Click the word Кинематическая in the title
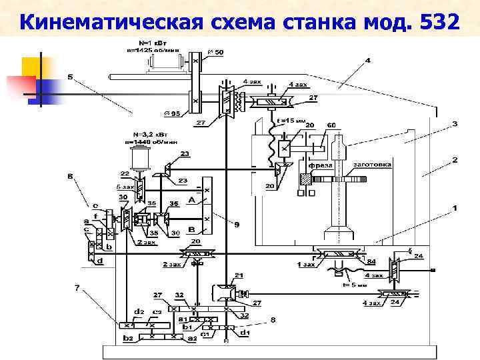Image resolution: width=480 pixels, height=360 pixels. point(109,23)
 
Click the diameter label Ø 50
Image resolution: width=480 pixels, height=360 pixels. point(217,52)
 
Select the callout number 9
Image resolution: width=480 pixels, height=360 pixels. point(236,224)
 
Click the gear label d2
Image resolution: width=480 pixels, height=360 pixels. point(139,311)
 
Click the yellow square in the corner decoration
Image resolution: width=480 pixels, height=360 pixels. point(32,67)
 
